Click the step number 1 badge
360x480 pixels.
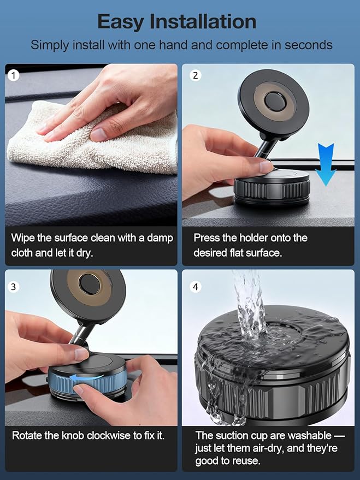pos(13,75)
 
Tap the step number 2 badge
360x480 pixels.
pos(196,75)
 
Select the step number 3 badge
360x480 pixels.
pos(13,287)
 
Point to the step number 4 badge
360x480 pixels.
pos(196,287)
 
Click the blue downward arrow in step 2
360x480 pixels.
pos(326,164)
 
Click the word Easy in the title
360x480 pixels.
pos(121,22)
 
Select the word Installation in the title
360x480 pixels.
pos(203,22)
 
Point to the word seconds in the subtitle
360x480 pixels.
pos(309,45)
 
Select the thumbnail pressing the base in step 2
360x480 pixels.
pos(265,167)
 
